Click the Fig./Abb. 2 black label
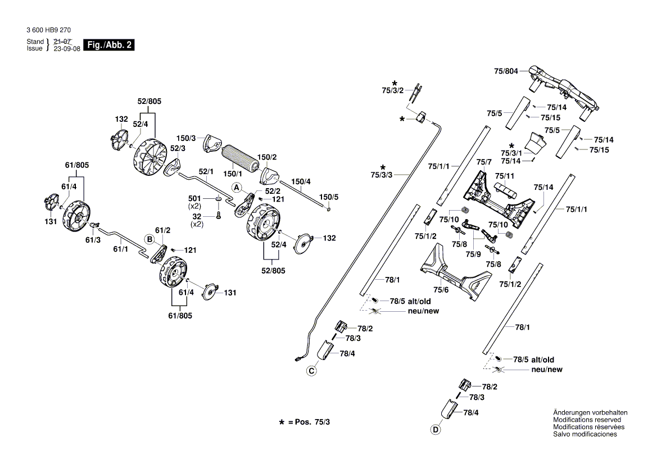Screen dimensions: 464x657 [x=108, y=45]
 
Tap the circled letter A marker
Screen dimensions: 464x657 [x=237, y=186]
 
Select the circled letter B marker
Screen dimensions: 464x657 [x=149, y=239]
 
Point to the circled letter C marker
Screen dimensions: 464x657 [x=311, y=370]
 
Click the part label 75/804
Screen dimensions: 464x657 [x=506, y=71]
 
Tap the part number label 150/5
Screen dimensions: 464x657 [x=329, y=197]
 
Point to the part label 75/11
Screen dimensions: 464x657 [x=504, y=176]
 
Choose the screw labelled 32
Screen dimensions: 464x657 [x=218, y=215]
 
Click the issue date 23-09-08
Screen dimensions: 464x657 [x=67, y=49]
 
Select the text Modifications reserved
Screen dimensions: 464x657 [x=587, y=420]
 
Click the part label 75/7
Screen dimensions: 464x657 [x=484, y=162]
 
